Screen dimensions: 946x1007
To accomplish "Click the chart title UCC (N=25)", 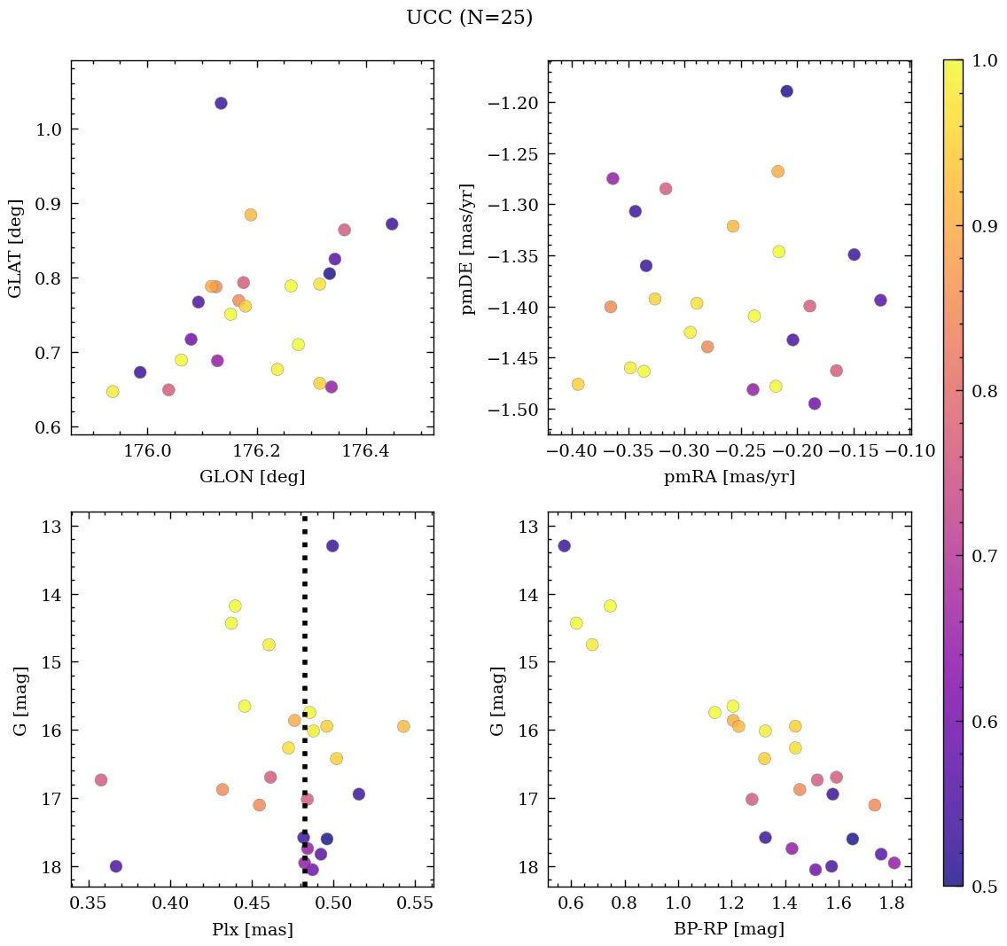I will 469,18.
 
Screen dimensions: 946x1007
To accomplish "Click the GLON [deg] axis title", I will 252,477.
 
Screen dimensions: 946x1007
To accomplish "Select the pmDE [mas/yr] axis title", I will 468,249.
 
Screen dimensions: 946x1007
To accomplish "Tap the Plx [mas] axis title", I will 252,929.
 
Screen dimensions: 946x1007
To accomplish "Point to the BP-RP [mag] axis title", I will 729,929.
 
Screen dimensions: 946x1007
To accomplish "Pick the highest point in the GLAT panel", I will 221,104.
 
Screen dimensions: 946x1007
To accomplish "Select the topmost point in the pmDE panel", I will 786,91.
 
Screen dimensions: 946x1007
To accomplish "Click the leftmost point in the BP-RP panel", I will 564,545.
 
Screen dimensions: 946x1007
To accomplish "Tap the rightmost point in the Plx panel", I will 403,726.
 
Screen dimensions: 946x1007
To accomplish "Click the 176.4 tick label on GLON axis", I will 367,451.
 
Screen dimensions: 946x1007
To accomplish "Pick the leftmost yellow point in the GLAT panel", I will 113,392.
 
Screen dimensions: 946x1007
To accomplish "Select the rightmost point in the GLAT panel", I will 392,224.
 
